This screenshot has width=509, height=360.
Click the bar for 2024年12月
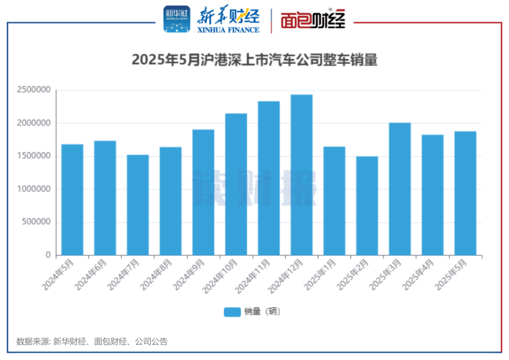coord(302,175)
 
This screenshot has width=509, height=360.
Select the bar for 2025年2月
coord(367,205)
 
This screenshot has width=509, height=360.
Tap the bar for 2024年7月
coord(138,205)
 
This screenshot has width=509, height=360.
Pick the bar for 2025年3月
coord(400,189)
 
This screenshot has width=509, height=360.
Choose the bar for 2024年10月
coord(236,184)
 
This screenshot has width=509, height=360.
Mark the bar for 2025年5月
coord(465,193)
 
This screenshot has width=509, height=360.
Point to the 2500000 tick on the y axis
coord(33,90)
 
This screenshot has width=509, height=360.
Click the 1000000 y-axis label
coord(33,189)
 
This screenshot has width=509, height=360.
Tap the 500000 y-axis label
coord(36,222)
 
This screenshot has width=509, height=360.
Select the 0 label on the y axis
coord(48,255)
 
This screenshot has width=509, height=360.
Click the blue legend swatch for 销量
coord(232,312)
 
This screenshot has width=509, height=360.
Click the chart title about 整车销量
coord(254,60)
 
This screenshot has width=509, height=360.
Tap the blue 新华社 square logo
coord(177,19)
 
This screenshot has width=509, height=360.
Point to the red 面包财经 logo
coord(313,20)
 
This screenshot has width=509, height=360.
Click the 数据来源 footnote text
coord(92,342)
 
